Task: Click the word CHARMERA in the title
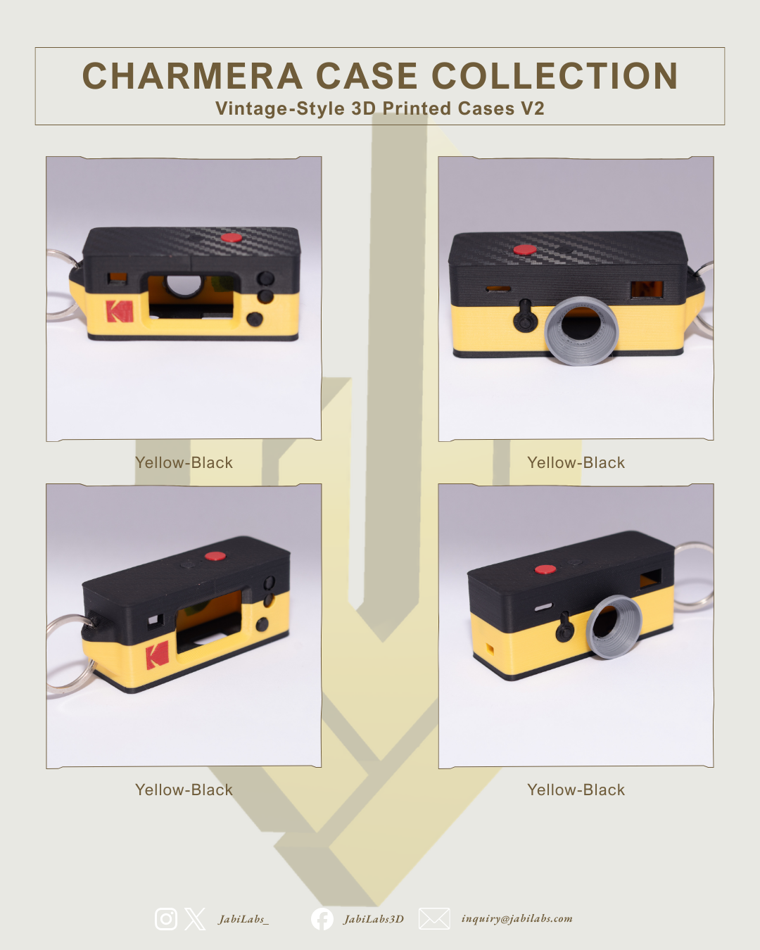[x=192, y=76]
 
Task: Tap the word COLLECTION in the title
[x=555, y=76]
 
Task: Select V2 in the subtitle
[x=532, y=108]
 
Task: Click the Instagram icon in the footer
[x=166, y=919]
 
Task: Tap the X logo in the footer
[x=195, y=919]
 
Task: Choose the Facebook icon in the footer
[x=322, y=919]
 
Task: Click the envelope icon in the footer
[x=434, y=918]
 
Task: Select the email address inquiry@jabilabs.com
[x=517, y=918]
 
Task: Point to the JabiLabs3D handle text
[x=374, y=919]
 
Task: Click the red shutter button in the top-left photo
[x=232, y=239]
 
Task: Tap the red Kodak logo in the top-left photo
[x=119, y=311]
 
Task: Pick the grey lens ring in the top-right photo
[x=581, y=331]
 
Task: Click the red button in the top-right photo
[x=525, y=250]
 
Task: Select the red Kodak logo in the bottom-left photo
[x=157, y=654]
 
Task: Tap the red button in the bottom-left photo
[x=215, y=556]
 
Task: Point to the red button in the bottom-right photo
[x=545, y=569]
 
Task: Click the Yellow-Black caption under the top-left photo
[x=184, y=462]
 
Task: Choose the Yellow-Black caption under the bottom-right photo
[x=576, y=790]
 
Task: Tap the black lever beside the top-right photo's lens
[x=525, y=315]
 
